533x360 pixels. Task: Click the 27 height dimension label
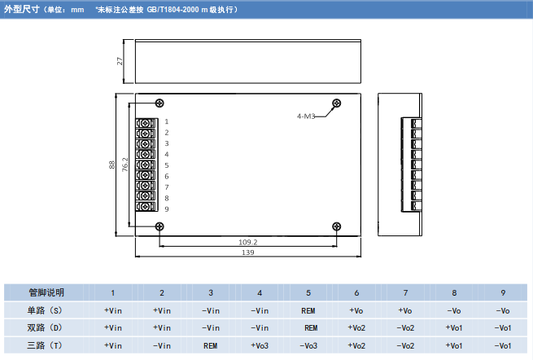click(x=120, y=61)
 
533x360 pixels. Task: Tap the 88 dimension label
click(x=112, y=165)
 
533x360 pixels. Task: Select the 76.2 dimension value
click(x=125, y=165)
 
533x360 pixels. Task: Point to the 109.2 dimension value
click(x=247, y=242)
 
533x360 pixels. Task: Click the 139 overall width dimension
click(x=247, y=253)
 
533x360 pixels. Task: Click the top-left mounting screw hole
click(x=159, y=103)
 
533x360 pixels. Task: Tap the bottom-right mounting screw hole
click(x=335, y=226)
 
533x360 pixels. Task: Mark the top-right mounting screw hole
click(x=335, y=103)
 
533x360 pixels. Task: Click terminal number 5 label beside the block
click(x=166, y=165)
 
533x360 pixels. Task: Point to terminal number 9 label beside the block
click(x=166, y=209)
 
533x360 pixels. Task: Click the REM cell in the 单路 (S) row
click(x=308, y=310)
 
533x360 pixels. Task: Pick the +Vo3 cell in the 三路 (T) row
click(x=260, y=345)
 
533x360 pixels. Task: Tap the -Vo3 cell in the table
click(x=308, y=345)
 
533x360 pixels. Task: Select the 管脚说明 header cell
click(x=46, y=292)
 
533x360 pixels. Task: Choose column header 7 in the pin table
click(x=406, y=292)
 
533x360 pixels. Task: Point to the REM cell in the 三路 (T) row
click(x=211, y=345)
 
